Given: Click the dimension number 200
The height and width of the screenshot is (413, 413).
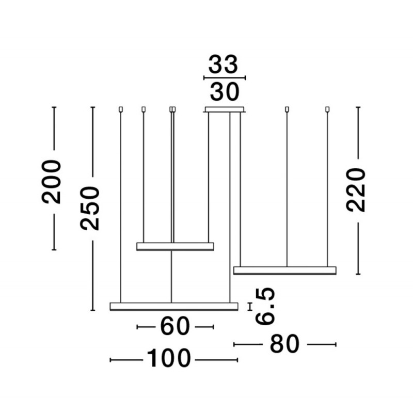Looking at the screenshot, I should point(53,181).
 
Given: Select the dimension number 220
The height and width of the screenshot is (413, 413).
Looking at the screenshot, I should point(356,189).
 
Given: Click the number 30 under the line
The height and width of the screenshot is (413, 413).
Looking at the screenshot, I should point(225,92).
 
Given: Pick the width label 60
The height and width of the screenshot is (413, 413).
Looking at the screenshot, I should point(175,326).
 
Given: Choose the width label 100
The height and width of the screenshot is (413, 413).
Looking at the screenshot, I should point(169,359).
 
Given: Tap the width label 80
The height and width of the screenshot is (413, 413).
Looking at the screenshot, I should point(284,344).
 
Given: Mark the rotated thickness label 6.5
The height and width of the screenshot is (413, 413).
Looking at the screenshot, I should point(265,307).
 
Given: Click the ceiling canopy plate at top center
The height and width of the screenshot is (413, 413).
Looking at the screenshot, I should point(225,109).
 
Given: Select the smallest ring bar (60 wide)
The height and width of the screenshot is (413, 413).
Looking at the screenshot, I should point(175,246).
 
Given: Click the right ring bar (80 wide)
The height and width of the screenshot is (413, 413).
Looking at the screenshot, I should point(284,270).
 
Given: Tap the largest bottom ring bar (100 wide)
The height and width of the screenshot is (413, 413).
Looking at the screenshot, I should point(174,306).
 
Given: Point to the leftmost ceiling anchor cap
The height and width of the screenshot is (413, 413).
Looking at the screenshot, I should point(120,109).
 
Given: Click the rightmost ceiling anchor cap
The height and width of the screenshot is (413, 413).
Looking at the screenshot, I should point(327,109).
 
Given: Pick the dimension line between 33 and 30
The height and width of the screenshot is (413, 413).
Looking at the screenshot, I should point(225,78).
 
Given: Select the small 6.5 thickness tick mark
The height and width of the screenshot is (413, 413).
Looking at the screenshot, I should point(250,306).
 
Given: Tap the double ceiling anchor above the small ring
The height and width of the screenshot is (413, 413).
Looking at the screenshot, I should point(172,109).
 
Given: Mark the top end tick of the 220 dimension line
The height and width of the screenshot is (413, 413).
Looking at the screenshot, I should point(358,107).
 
